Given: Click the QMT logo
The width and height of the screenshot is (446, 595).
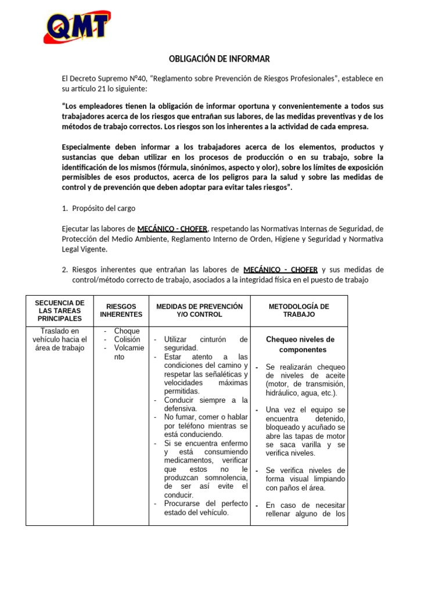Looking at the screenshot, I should pos(76,27).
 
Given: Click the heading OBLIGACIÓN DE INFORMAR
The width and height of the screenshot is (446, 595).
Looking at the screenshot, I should pos(219,59).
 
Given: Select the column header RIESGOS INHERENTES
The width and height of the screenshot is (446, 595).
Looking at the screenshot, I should pos(121,310).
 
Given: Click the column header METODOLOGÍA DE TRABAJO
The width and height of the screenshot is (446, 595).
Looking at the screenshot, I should pos(298,310).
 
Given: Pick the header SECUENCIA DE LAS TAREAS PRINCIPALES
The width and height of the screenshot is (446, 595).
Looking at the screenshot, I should pos(60,310).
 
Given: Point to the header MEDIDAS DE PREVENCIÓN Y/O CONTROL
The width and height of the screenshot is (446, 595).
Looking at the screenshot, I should pos(199,310).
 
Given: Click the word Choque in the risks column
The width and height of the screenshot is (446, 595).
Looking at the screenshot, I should pos(127,331).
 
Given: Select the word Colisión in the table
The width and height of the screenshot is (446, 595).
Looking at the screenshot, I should pos(127,340).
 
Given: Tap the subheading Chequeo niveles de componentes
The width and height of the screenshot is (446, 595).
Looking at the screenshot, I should pos(300,345).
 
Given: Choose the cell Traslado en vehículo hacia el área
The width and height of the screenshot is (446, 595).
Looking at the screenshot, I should pos(60,339).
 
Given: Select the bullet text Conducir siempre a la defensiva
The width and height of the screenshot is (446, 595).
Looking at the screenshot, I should pos(206,404).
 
